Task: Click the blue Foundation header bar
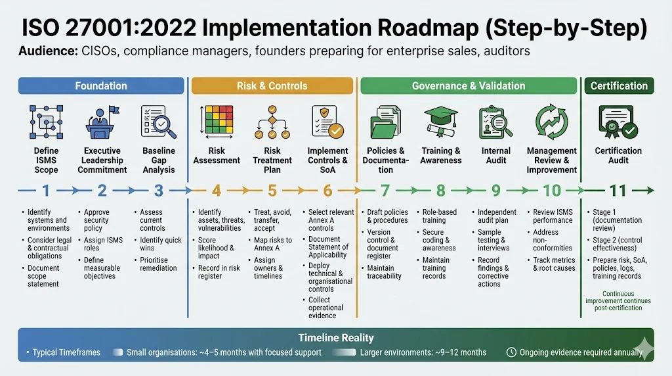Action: coord(101,85)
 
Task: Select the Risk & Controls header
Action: coord(272,85)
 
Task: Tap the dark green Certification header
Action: coord(619,85)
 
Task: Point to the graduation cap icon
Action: coord(441,122)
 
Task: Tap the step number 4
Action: coord(217,191)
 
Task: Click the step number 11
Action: coord(618,191)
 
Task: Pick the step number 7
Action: coord(385,191)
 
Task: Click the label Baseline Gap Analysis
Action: coord(159,160)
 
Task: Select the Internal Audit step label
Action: coord(496,155)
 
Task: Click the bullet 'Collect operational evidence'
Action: coord(325,308)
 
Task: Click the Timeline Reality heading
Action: coord(336,338)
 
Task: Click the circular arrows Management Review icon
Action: coord(551,122)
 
